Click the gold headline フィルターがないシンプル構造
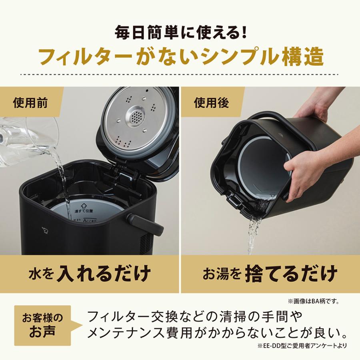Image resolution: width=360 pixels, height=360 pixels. [180, 57]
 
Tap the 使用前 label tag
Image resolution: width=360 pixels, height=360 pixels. [30, 103]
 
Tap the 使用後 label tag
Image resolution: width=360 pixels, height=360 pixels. [211, 103]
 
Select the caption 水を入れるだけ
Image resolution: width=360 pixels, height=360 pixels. [90, 274]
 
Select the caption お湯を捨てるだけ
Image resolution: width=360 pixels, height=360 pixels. [270, 274]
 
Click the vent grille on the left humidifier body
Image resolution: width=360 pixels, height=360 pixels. [146, 242]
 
